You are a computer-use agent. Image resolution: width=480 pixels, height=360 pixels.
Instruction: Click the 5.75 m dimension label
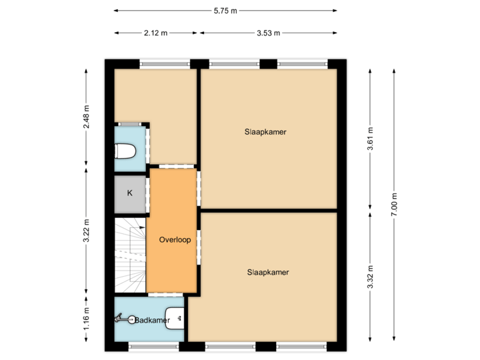225,11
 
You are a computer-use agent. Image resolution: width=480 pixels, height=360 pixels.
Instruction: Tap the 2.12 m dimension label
156,33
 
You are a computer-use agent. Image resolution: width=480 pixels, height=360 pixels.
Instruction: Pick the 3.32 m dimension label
371,277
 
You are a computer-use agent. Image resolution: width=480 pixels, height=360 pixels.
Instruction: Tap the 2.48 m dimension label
86,116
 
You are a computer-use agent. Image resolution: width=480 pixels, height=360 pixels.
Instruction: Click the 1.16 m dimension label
86,317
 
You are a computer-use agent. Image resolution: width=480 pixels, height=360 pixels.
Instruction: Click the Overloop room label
175,240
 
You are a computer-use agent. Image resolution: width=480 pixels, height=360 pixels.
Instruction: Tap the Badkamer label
152,321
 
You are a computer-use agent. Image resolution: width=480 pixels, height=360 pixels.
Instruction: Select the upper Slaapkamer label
265,132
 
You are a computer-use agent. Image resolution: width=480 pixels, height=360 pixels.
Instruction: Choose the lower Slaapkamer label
268,272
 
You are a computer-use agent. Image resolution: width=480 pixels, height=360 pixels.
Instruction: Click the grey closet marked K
130,193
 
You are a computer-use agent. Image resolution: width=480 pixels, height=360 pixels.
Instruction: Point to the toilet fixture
125,151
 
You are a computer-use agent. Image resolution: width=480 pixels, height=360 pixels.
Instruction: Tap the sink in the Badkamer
175,318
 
